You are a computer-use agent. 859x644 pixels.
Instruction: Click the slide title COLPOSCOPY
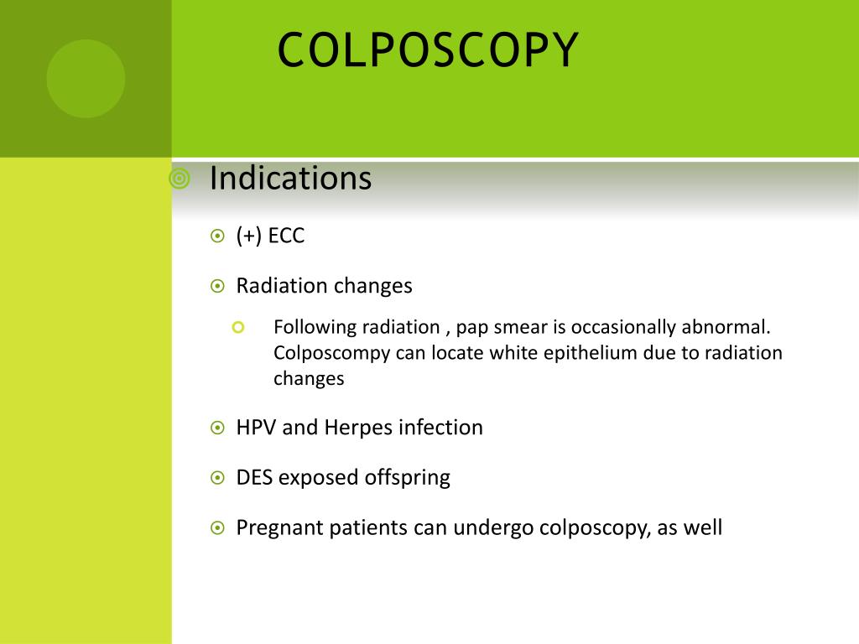click(x=428, y=49)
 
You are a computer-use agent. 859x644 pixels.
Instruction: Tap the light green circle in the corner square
click(x=86, y=79)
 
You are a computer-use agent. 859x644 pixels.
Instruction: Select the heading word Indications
click(x=290, y=178)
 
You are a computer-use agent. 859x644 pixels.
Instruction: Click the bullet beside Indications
click(x=180, y=179)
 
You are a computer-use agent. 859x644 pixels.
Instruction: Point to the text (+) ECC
click(x=270, y=236)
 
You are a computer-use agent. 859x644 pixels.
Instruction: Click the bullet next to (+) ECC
click(x=217, y=236)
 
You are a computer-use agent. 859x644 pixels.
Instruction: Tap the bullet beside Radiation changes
click(x=217, y=286)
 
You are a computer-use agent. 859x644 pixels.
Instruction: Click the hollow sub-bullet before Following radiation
click(x=237, y=328)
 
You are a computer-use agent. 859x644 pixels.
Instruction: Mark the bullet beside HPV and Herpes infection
click(x=217, y=428)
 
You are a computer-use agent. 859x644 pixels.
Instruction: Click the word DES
click(x=254, y=477)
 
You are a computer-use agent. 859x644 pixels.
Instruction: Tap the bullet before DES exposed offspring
click(x=217, y=478)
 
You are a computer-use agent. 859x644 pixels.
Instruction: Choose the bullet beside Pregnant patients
click(x=217, y=528)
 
